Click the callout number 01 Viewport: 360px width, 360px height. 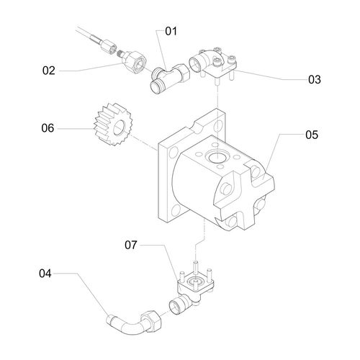click(x=171, y=31)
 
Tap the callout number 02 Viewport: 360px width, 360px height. click(x=49, y=71)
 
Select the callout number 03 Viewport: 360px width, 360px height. click(x=315, y=79)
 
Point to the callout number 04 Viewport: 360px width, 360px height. click(x=45, y=274)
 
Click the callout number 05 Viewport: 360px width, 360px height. click(x=312, y=135)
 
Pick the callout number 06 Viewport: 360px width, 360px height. click(x=48, y=128)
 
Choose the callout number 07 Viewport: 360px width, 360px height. click(x=131, y=245)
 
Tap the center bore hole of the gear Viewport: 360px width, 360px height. click(x=120, y=127)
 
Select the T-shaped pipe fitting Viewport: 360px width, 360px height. click(x=170, y=78)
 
